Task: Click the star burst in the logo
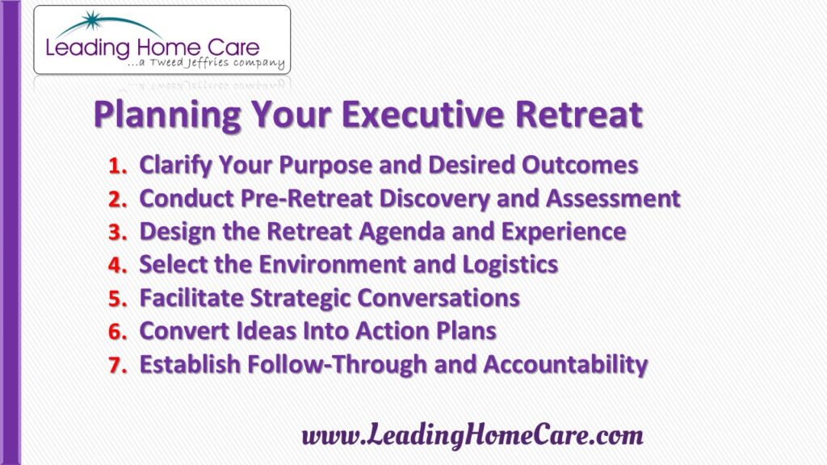pyautogui.click(x=92, y=20)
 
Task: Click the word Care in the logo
pyautogui.click(x=233, y=48)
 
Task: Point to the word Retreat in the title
pyautogui.click(x=579, y=114)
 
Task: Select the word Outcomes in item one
pyautogui.click(x=580, y=165)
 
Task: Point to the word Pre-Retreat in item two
pyautogui.click(x=306, y=199)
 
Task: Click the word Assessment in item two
pyautogui.click(x=613, y=199)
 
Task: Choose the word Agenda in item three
pyautogui.click(x=402, y=232)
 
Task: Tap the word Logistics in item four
pyautogui.click(x=510, y=265)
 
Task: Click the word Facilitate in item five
pyautogui.click(x=191, y=298)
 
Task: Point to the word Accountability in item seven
pyautogui.click(x=565, y=365)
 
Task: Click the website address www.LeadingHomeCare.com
pyautogui.click(x=472, y=435)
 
